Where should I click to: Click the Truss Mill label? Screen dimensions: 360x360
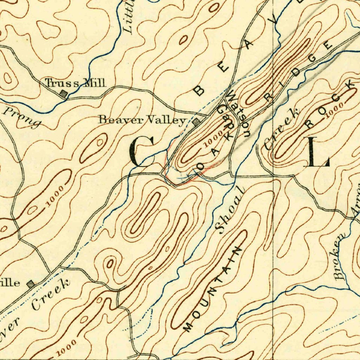(x=75, y=83)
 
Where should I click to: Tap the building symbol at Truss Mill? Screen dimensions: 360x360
(x=64, y=94)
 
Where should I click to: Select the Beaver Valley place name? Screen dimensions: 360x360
(x=142, y=120)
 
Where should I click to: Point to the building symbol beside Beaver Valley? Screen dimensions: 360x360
(x=196, y=122)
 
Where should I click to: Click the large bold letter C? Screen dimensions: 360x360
(x=142, y=152)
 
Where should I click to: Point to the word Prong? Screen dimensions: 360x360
(x=22, y=117)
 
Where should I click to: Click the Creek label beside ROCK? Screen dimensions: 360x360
(x=282, y=129)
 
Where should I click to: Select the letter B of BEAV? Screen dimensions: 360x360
(x=199, y=90)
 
